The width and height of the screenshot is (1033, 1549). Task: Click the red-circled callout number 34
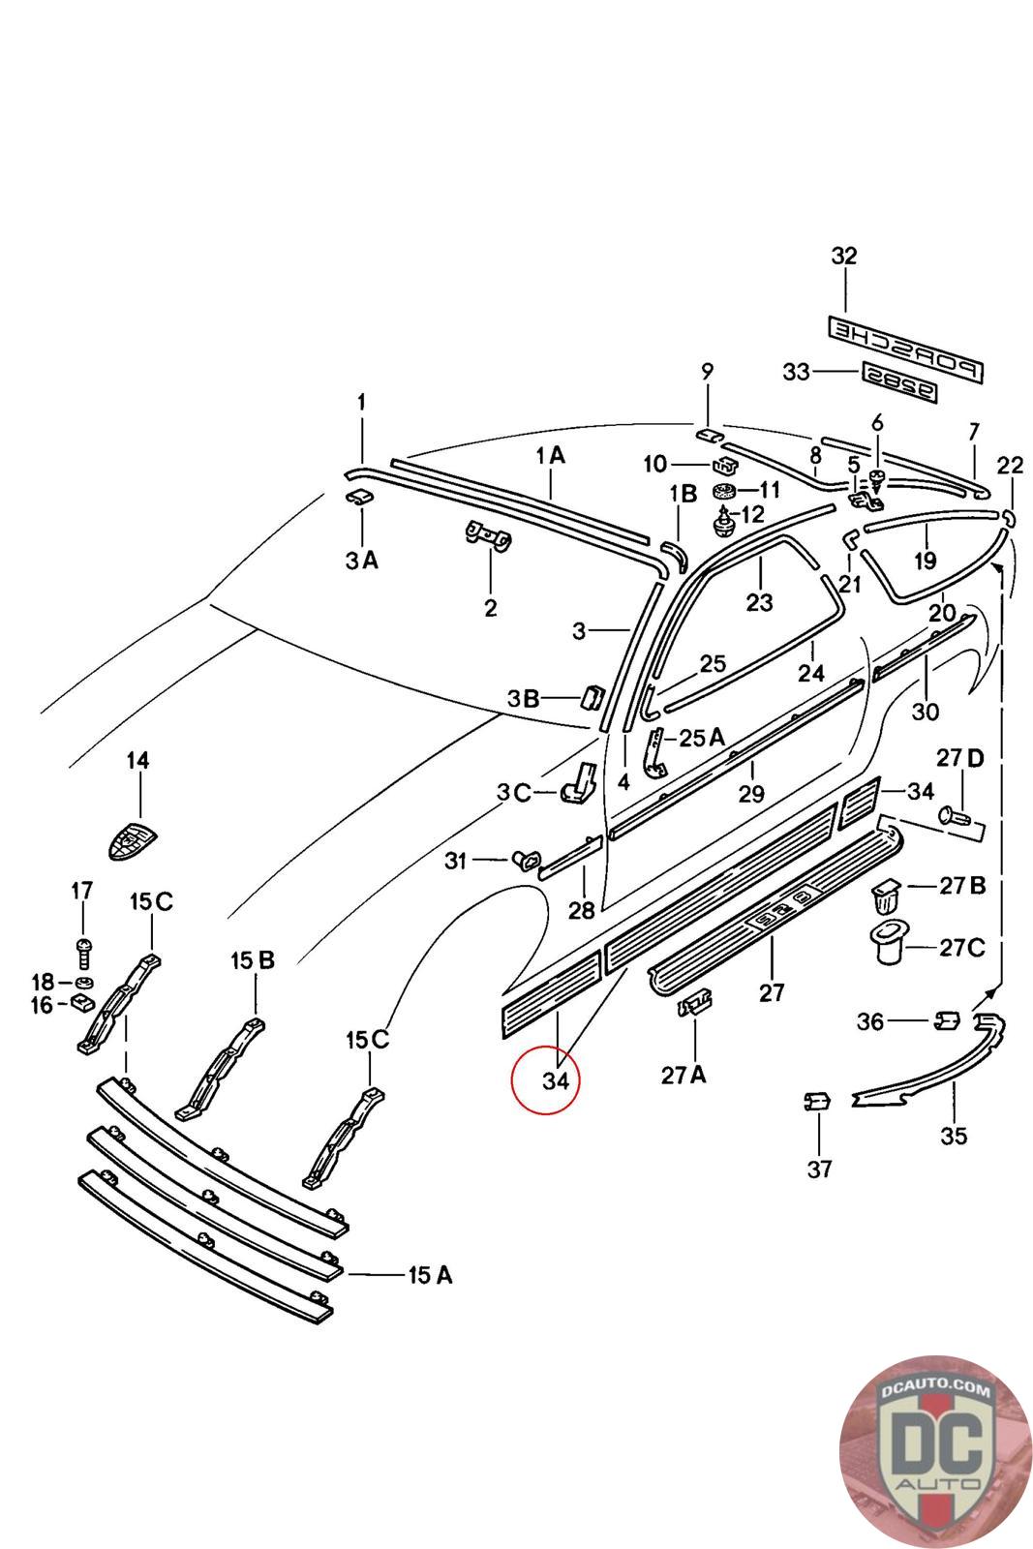tap(555, 1080)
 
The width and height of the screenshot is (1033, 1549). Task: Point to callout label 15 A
tap(429, 1275)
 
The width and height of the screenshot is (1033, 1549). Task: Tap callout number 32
tap(844, 257)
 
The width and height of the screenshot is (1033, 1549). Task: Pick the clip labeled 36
tap(947, 1019)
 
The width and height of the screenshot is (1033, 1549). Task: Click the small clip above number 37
tap(818, 1101)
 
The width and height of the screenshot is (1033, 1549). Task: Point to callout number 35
tap(954, 1136)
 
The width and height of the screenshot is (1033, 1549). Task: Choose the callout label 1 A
tap(550, 455)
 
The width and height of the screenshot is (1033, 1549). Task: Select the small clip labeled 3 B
tap(592, 697)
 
